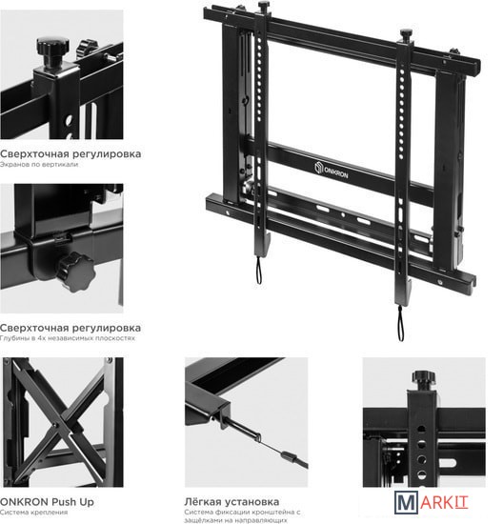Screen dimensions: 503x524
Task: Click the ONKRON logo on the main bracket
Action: pyautogui.click(x=331, y=171)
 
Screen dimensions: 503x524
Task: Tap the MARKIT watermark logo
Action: pyautogui.click(x=432, y=503)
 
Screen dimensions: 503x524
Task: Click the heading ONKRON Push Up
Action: pyautogui.click(x=47, y=502)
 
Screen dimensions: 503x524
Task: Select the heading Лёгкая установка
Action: pyautogui.click(x=231, y=501)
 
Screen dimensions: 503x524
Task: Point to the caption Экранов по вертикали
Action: pyautogui.click(x=39, y=165)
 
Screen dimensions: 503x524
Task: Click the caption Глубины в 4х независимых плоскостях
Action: pyautogui.click(x=68, y=338)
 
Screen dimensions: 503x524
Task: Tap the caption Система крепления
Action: pyautogui.click(x=33, y=513)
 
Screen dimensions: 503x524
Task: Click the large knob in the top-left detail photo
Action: pyautogui.click(x=52, y=51)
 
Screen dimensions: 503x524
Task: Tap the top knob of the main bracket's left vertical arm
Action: pyautogui.click(x=264, y=7)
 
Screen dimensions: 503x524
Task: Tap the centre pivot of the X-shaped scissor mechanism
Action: pyautogui.click(x=55, y=425)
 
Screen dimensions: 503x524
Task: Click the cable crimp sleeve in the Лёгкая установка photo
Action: pyautogui.click(x=289, y=456)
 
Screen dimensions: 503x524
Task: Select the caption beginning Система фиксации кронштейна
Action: pyautogui.click(x=243, y=516)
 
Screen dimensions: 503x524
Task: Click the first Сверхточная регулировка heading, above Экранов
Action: pyautogui.click(x=70, y=154)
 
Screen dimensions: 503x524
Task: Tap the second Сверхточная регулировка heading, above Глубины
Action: pyautogui.click(x=70, y=328)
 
